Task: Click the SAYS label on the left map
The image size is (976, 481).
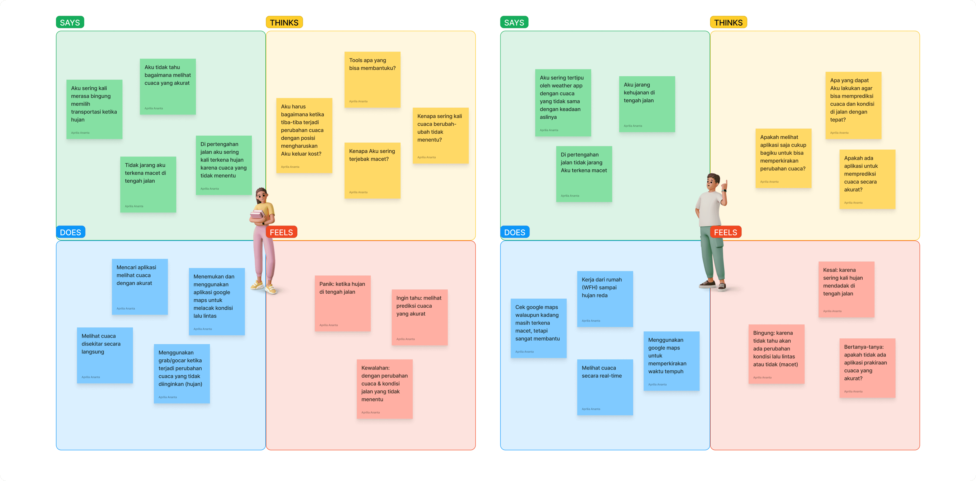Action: (x=70, y=22)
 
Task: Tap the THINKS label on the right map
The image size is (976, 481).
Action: (x=728, y=22)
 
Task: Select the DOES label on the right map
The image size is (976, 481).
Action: (x=514, y=232)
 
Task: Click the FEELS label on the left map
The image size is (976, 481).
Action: (x=281, y=232)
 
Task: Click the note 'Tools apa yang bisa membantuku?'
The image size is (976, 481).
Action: (x=372, y=79)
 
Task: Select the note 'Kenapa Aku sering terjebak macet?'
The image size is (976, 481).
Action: (x=372, y=170)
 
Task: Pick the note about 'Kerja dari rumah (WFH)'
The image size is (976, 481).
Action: (x=605, y=299)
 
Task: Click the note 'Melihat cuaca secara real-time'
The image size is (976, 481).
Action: (x=605, y=387)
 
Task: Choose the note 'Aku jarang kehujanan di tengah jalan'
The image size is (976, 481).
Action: (x=647, y=104)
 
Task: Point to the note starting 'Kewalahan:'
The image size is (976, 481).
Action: (x=384, y=389)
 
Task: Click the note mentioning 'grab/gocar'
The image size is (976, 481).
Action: (x=181, y=373)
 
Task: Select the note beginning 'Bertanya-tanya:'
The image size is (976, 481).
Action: (x=867, y=367)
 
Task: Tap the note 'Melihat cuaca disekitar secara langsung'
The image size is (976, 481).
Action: (x=104, y=355)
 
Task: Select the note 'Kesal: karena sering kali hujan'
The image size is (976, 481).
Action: (x=846, y=289)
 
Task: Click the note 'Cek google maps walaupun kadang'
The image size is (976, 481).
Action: (x=538, y=328)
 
